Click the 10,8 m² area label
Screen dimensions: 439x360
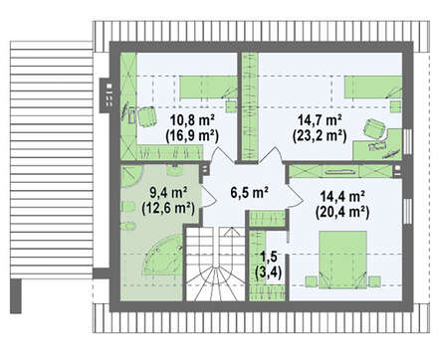192,119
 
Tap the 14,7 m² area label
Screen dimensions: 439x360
320,119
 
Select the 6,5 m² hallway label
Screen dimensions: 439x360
250,192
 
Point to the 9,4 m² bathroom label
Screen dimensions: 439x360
168,192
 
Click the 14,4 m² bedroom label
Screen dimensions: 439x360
342,196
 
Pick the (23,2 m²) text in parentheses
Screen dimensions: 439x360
320,135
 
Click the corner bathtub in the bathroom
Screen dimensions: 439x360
162,256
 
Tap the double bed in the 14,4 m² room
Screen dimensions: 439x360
342,260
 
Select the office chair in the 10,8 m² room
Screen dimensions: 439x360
146,116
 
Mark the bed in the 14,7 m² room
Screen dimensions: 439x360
373,87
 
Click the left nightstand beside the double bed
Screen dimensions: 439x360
312,281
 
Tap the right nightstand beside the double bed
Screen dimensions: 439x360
374,281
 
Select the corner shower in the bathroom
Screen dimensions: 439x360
131,176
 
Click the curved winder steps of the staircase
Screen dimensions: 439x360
216,280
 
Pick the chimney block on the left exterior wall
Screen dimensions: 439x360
108,95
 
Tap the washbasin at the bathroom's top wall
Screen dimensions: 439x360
175,170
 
